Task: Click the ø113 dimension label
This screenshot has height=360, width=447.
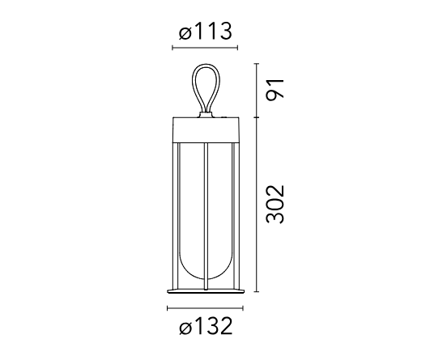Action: pyautogui.click(x=205, y=32)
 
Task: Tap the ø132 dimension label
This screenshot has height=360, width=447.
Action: pyautogui.click(x=206, y=326)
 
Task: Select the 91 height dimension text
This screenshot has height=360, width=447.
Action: pyautogui.click(x=275, y=90)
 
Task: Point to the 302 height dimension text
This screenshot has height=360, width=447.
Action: pyautogui.click(x=275, y=204)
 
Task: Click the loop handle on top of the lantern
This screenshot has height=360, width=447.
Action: pyautogui.click(x=193, y=86)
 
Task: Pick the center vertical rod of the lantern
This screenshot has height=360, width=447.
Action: pyautogui.click(x=206, y=217)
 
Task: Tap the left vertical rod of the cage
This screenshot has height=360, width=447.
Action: pyautogui.click(x=179, y=216)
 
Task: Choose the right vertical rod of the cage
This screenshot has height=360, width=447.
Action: pyautogui.click(x=233, y=216)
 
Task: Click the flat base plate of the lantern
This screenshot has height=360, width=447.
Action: pyautogui.click(x=206, y=291)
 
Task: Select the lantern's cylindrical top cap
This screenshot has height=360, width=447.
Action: pyautogui.click(x=206, y=129)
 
